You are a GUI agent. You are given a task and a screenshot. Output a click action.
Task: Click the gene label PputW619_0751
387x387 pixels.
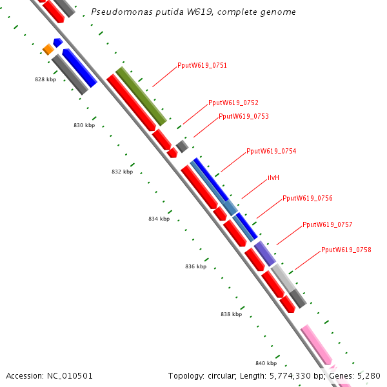point(202,65)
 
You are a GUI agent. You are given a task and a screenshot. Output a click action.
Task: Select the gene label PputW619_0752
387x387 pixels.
point(233,103)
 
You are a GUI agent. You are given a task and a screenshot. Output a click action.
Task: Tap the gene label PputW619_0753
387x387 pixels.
point(243,117)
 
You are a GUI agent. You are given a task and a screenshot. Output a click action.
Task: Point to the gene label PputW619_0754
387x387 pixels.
point(271,151)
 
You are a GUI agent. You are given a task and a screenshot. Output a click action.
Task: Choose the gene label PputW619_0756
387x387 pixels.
point(307,198)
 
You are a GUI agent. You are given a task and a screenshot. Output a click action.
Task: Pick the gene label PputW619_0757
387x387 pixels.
point(327,224)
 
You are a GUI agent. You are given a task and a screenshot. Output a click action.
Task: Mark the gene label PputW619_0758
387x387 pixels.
point(346,250)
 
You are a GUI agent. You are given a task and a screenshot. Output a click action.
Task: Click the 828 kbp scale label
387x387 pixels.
point(45,80)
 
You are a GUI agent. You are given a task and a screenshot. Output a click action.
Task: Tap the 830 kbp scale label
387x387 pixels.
point(84,125)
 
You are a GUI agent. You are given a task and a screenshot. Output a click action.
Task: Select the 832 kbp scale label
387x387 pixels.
point(122,172)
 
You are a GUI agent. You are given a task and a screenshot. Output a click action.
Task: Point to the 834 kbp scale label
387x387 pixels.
point(159,219)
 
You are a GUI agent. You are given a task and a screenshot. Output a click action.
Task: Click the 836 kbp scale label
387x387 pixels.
point(195,266)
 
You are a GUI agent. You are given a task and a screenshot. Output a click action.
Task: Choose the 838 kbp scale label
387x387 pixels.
point(231,315)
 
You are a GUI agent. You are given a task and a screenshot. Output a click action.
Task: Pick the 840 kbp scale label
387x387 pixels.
point(266,363)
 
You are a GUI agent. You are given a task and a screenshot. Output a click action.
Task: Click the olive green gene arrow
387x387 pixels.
point(141,95)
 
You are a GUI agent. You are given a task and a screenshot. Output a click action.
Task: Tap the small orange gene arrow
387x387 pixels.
point(48,49)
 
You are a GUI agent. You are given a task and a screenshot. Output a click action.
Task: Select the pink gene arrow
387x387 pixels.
point(317,345)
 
